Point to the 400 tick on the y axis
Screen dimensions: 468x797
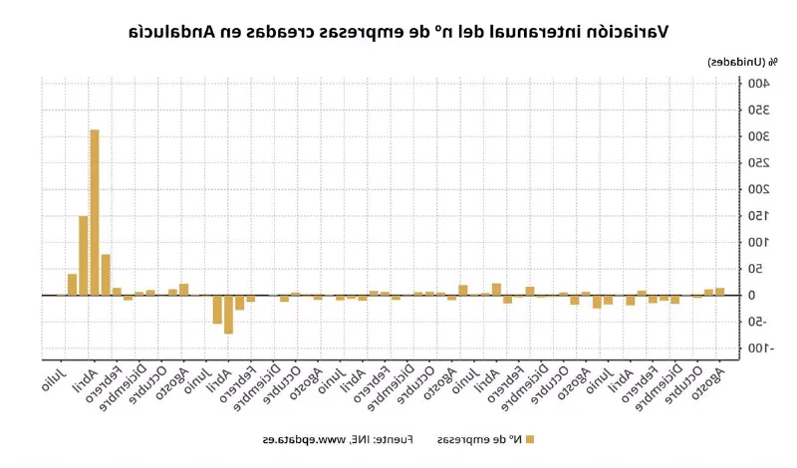[x=759, y=83]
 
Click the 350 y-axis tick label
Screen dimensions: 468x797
[x=759, y=110]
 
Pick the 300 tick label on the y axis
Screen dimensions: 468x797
[x=759, y=136]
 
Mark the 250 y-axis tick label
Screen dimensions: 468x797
[x=759, y=162]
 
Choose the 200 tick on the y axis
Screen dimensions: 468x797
[x=759, y=189]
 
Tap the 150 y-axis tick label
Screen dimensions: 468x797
[x=759, y=216]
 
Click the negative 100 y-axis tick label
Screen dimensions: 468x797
[x=761, y=349]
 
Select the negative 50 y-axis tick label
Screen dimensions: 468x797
[x=759, y=322]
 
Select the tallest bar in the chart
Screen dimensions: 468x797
[x=95, y=212]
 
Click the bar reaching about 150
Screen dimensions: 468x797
[x=84, y=255]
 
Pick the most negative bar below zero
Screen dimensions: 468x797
[x=228, y=315]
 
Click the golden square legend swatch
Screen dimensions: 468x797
[x=530, y=439]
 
